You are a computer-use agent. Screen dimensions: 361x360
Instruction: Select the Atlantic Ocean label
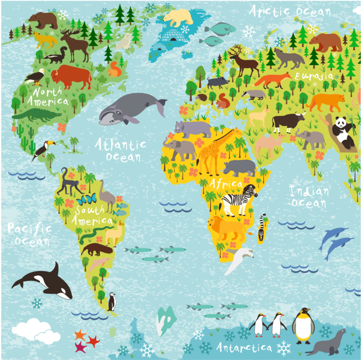coord(121,150)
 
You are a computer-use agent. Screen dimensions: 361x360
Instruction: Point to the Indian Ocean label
coord(309,196)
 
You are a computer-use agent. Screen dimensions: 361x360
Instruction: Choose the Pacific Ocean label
coord(30,235)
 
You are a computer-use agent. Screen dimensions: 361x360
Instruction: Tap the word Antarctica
coord(245,348)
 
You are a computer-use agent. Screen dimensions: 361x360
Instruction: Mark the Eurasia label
coord(315,76)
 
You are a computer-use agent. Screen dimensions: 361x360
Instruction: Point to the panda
coord(342,132)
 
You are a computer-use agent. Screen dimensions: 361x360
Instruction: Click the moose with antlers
coord(75,45)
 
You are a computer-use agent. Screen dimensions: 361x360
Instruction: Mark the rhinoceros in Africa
coord(239,167)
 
